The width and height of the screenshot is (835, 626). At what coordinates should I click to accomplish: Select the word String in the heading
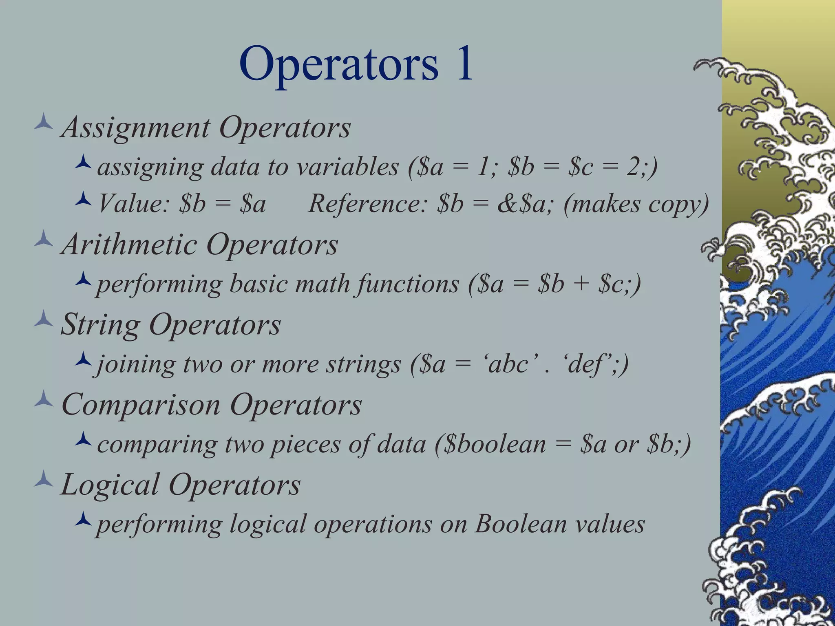[x=100, y=325]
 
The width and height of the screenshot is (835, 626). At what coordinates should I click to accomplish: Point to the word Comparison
[x=141, y=405]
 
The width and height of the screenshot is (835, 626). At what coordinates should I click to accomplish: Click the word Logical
[x=110, y=485]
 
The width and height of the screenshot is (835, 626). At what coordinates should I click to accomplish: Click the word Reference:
[x=367, y=204]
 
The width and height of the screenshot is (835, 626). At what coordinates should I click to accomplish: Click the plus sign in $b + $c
[x=581, y=284]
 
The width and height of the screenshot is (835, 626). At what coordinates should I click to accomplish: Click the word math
[x=322, y=284]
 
